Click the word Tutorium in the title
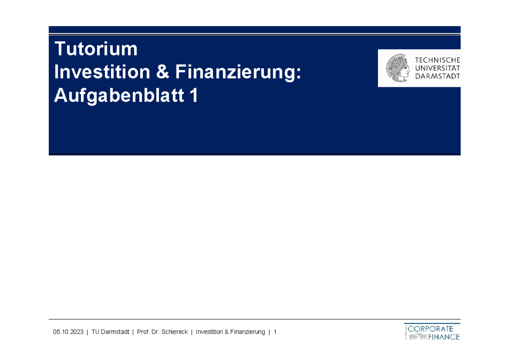(x=96, y=50)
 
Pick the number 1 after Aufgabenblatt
(x=194, y=97)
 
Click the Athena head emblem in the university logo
(x=398, y=68)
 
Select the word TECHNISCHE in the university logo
(x=437, y=60)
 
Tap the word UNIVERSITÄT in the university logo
(x=437, y=68)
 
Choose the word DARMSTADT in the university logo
(x=437, y=76)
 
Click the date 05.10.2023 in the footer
(x=68, y=332)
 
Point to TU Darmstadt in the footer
(x=110, y=332)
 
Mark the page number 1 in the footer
(x=275, y=332)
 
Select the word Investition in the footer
(x=210, y=332)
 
